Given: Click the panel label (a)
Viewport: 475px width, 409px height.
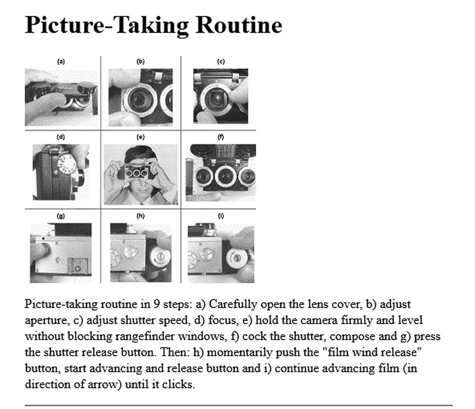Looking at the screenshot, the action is point(61,61).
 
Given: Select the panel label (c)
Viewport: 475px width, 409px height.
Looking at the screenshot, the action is point(221,61).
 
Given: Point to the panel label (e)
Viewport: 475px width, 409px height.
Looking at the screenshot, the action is point(141,137).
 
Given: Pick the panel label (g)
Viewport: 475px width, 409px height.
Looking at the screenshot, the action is point(61,216).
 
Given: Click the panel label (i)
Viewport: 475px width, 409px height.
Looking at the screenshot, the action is point(221,216).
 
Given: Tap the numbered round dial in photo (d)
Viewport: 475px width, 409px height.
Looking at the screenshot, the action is point(67,165).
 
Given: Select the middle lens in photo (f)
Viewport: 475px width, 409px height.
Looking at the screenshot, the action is point(225,176).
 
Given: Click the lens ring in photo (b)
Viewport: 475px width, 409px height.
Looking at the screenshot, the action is point(140,100).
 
